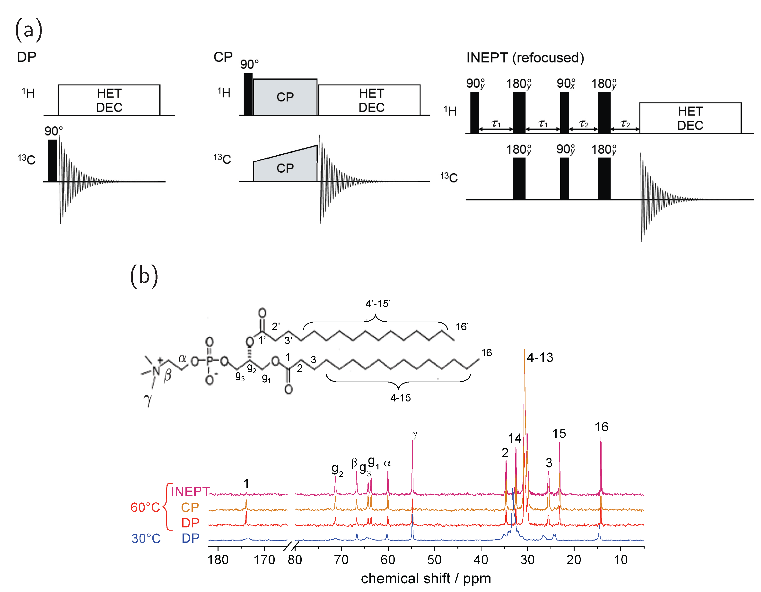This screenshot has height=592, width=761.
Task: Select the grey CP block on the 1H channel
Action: tap(285, 97)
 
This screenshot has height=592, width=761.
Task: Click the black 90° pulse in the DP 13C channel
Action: tap(52, 160)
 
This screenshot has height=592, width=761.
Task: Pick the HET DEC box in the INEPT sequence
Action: tap(690, 118)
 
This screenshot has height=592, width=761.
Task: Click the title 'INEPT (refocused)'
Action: tap(525, 58)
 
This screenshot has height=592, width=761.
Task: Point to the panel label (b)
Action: tap(144, 276)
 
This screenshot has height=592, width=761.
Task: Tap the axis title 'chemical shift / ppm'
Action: tap(426, 578)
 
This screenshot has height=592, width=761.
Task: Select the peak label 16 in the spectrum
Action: tap(601, 427)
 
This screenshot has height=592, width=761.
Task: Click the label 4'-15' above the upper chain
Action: tap(378, 304)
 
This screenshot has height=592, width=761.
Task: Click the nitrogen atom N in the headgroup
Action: tap(156, 371)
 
